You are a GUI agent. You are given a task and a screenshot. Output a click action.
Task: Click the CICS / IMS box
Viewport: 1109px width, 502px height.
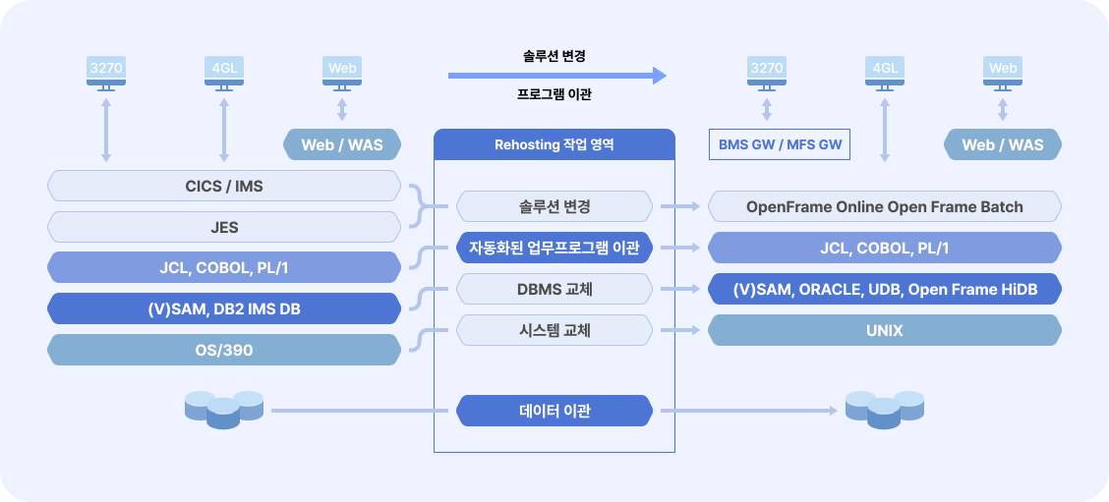[224, 186]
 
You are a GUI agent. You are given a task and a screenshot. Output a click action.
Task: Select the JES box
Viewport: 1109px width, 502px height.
[224, 227]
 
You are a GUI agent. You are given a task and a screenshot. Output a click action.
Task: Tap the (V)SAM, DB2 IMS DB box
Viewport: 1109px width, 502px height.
[224, 309]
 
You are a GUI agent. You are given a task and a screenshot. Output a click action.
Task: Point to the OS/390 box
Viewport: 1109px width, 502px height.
[224, 350]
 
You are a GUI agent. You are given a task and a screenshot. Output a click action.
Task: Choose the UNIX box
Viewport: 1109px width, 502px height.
[885, 330]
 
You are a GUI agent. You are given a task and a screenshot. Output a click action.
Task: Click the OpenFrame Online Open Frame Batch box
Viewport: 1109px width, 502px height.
[885, 207]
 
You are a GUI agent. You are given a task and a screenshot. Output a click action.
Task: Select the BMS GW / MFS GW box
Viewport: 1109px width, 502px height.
[780, 145]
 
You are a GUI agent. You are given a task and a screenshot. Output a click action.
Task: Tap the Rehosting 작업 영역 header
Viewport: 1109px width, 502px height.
[554, 145]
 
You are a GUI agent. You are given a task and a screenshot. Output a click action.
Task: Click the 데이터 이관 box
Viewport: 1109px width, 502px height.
[554, 411]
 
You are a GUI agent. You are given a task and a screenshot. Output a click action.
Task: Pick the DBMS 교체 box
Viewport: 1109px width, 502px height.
[554, 289]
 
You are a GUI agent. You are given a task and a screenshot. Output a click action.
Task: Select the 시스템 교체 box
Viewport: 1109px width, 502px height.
[554, 330]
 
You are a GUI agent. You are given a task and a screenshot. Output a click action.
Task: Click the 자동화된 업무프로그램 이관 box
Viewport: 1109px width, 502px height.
[554, 248]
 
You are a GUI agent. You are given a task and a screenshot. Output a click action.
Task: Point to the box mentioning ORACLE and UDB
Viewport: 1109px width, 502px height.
[885, 289]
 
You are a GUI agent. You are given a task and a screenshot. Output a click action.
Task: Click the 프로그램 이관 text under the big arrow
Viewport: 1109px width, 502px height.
[554, 94]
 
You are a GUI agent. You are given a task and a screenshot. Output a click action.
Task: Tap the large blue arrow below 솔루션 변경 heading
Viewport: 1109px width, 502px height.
[557, 76]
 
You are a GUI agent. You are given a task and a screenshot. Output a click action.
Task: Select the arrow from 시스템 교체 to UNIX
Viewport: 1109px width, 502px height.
[680, 330]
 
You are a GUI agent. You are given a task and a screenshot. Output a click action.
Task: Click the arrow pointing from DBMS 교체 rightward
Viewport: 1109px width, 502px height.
[680, 289]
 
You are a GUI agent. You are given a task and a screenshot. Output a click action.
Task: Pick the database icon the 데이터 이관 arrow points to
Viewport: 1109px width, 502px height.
[885, 410]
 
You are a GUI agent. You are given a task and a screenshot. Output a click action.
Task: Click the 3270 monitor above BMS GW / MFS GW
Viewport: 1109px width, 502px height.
[767, 74]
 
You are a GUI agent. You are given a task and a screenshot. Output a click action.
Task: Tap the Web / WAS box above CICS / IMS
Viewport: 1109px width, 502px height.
[342, 145]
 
